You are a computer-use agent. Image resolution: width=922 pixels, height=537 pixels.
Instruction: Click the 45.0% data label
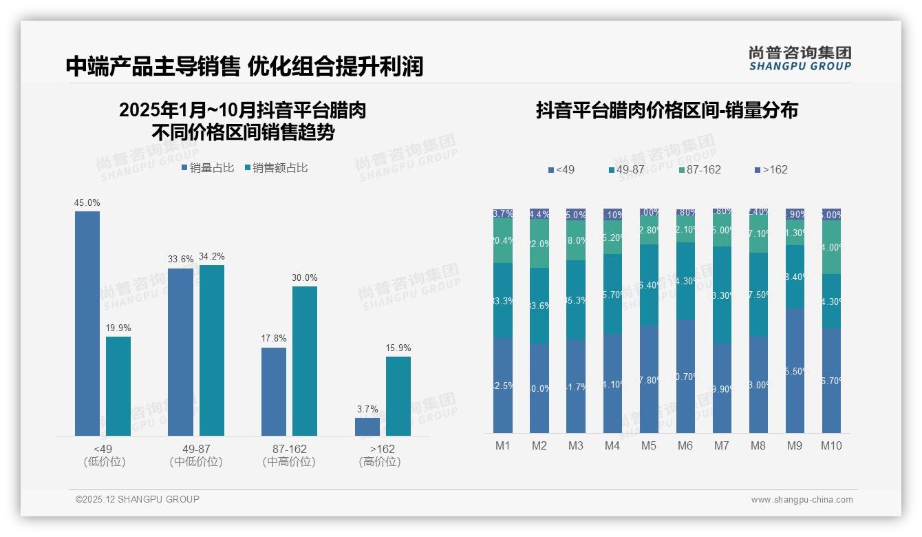coord(87,202)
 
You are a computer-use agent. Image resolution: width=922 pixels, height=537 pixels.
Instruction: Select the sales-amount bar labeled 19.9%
coord(118,386)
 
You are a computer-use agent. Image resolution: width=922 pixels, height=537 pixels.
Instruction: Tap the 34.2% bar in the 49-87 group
coord(212,350)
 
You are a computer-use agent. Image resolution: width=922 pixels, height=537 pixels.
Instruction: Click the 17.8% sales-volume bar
coord(274,391)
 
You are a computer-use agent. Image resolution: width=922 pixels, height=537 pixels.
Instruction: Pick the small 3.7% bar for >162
coord(367,427)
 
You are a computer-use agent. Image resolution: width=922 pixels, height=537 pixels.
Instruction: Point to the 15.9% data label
coord(398,348)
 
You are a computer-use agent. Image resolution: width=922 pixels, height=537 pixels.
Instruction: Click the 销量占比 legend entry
coord(208,168)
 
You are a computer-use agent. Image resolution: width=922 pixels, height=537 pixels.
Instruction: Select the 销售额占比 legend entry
coord(276,168)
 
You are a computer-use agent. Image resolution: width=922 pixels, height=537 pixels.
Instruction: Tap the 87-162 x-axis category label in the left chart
coord(289,449)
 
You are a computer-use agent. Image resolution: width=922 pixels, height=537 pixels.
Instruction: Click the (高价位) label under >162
coord(380,462)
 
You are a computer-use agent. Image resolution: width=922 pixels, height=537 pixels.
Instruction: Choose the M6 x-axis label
coord(685,445)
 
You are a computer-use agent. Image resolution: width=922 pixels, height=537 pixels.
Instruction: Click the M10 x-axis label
coord(831,445)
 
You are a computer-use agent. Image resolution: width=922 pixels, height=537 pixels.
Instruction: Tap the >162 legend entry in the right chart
coord(771,169)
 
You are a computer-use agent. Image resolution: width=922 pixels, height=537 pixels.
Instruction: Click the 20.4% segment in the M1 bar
coord(503,240)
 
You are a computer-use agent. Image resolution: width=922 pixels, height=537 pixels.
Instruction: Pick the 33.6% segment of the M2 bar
coord(539,306)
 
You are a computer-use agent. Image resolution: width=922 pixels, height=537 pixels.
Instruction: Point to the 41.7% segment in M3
coord(576,387)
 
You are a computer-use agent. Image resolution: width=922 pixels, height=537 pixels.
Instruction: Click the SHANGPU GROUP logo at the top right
coord(800,58)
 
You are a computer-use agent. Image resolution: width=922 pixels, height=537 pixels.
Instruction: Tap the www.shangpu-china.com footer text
coord(802,500)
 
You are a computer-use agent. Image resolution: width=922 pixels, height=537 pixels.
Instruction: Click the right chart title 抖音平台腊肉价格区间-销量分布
coord(667,111)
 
